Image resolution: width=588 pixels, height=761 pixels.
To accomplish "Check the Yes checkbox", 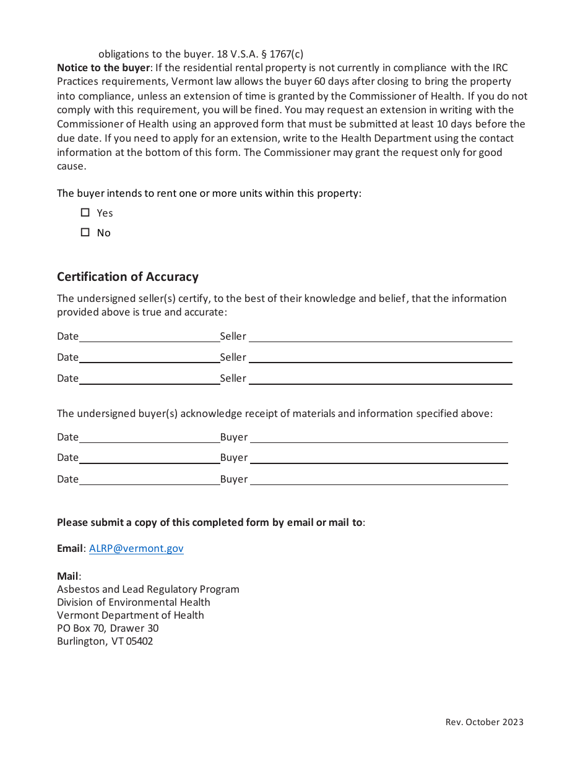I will coord(85,213).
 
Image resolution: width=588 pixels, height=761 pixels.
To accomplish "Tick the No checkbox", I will coord(85,233).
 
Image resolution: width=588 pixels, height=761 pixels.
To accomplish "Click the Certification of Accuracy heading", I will coord(128,277).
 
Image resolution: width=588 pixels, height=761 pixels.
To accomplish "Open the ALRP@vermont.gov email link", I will coord(136,548).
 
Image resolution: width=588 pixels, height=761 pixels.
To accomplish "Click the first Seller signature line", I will coord(380,337).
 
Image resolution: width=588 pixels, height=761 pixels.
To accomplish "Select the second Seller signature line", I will coord(380,358).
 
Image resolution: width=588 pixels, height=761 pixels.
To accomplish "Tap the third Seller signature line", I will coord(380,379).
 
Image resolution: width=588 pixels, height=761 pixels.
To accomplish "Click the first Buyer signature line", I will coord(379,437).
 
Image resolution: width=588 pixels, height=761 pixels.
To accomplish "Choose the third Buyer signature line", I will coord(379,479).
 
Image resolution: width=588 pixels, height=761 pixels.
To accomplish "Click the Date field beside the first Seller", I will coord(149,337).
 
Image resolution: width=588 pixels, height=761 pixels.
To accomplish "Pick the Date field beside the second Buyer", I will coord(149,458).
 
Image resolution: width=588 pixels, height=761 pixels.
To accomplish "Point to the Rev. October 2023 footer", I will coord(484,722).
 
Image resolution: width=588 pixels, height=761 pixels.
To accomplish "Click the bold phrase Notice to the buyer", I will coord(103,67).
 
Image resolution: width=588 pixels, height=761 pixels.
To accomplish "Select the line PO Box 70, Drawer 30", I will coord(108,628).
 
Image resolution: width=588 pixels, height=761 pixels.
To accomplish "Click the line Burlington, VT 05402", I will coord(105,641).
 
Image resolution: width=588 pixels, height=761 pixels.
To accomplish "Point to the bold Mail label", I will coord(67,577).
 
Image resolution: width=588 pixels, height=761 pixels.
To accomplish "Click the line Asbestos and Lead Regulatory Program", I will coord(148,589).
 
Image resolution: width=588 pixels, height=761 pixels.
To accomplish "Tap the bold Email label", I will coord(70,548).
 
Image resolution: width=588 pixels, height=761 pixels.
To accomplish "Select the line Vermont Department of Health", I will coord(130,615).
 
